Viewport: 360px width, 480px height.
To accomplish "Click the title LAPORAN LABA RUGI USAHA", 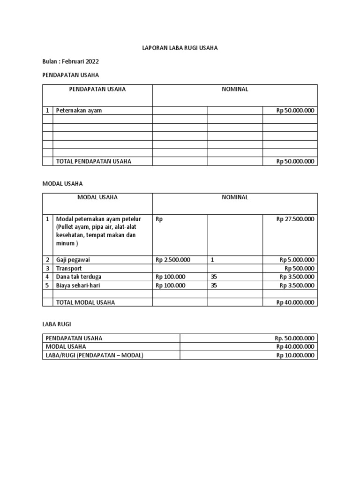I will (180, 48).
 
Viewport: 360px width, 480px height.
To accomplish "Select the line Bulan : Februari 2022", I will (71, 61).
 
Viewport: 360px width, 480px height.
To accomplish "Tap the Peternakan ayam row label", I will (79, 111).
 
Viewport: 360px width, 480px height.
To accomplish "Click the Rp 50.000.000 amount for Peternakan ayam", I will (295, 111).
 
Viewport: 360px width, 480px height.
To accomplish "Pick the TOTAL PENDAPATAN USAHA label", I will (94, 161).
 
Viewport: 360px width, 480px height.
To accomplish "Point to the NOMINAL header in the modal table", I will (235, 197).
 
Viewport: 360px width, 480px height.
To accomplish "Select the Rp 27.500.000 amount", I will (295, 219).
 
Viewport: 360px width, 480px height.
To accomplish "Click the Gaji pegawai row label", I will (73, 260).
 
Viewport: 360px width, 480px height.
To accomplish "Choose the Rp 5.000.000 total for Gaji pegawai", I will (297, 260).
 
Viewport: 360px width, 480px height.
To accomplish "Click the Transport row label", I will (69, 269).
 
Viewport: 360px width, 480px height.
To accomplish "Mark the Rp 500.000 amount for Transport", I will (300, 269).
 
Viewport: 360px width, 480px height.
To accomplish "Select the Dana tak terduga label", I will (79, 277).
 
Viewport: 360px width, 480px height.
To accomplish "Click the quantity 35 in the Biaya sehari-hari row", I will (214, 285).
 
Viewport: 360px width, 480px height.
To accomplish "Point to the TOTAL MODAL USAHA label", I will (85, 302).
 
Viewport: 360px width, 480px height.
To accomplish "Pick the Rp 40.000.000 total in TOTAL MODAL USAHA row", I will (295, 302).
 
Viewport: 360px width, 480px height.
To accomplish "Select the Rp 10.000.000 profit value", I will (295, 355).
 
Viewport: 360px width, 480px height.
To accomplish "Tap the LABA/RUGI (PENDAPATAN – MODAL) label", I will (94, 355).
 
